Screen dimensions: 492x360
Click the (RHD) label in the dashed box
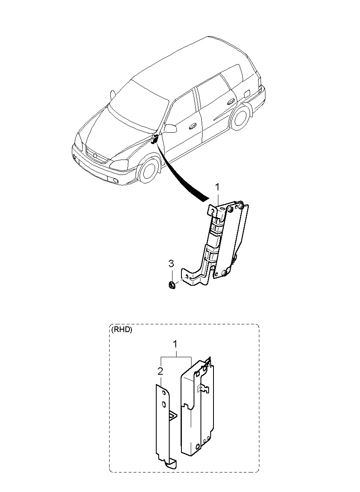point(121,330)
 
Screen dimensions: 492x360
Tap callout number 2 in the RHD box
point(160,371)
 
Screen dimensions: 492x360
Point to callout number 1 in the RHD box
point(175,344)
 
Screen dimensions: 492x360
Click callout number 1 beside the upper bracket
point(217,187)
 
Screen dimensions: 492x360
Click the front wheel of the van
point(149,171)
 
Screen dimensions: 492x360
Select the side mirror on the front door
point(170,129)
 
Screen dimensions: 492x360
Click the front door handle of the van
point(192,126)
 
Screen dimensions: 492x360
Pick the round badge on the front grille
point(95,156)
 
